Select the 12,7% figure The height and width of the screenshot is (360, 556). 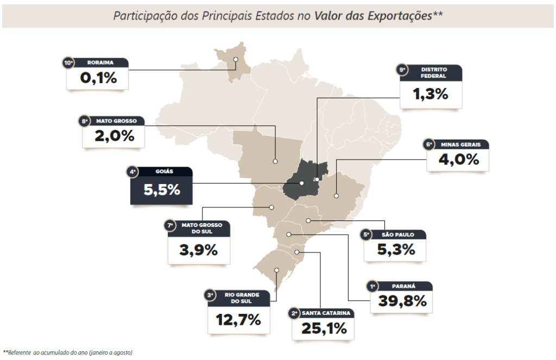[x=238, y=320]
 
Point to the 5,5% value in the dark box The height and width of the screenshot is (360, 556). [x=161, y=190]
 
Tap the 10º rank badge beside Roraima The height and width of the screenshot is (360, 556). [x=68, y=63]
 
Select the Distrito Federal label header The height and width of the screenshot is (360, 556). [x=434, y=73]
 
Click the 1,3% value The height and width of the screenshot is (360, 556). [x=431, y=94]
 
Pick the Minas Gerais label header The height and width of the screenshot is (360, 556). [x=460, y=145]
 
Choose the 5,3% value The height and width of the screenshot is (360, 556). [x=396, y=250]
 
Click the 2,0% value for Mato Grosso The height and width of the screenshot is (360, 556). [x=114, y=135]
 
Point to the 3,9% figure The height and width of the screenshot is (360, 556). [x=199, y=250]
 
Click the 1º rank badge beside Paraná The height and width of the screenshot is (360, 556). [x=372, y=286]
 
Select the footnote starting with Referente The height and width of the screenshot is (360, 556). [x=68, y=352]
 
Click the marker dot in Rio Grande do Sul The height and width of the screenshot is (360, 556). [x=277, y=270]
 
